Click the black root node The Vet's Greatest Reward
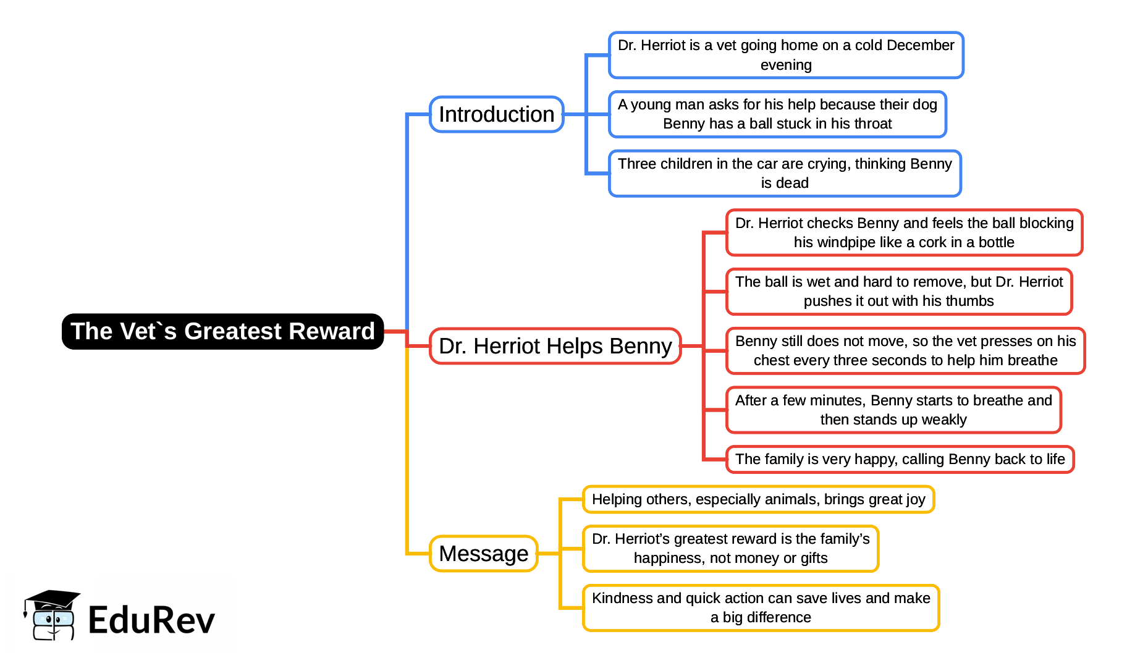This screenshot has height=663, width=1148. pyautogui.click(x=222, y=331)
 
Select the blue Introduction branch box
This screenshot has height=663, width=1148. pyautogui.click(x=496, y=114)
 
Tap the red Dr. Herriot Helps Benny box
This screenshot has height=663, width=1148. pyautogui.click(x=555, y=346)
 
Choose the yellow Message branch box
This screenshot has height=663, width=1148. pyautogui.click(x=483, y=554)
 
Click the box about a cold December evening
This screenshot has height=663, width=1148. pyautogui.click(x=785, y=55)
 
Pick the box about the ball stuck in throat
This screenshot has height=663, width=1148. pyautogui.click(x=777, y=114)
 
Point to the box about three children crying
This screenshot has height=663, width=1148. pyautogui.click(x=785, y=174)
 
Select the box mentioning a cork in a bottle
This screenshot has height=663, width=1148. pyautogui.click(x=904, y=233)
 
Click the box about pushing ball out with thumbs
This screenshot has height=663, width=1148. pyautogui.click(x=898, y=292)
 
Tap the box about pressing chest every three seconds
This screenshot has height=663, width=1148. pyautogui.click(x=905, y=351)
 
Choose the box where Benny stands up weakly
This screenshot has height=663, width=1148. pyautogui.click(x=893, y=410)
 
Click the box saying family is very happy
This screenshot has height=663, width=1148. pyautogui.click(x=900, y=459)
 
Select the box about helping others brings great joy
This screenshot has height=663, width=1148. pyautogui.click(x=758, y=499)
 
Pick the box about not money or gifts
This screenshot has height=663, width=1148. pyautogui.click(x=730, y=549)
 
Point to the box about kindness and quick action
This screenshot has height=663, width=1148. pyautogui.click(x=761, y=608)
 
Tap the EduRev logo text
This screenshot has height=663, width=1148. pyautogui.click(x=151, y=620)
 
